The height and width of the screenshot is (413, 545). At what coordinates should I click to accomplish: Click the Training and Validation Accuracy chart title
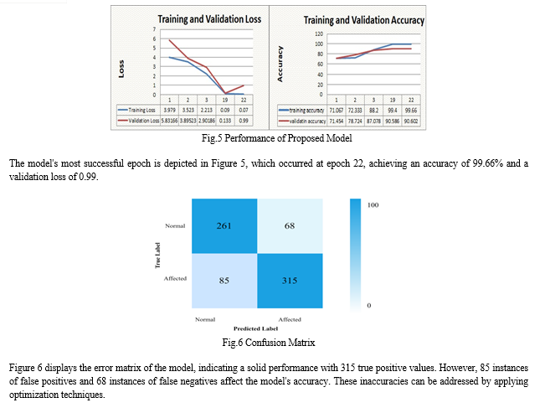(x=363, y=19)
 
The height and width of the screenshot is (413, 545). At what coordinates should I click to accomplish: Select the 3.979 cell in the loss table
(x=172, y=109)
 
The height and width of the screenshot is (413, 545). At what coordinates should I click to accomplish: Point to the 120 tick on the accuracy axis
(x=317, y=34)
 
